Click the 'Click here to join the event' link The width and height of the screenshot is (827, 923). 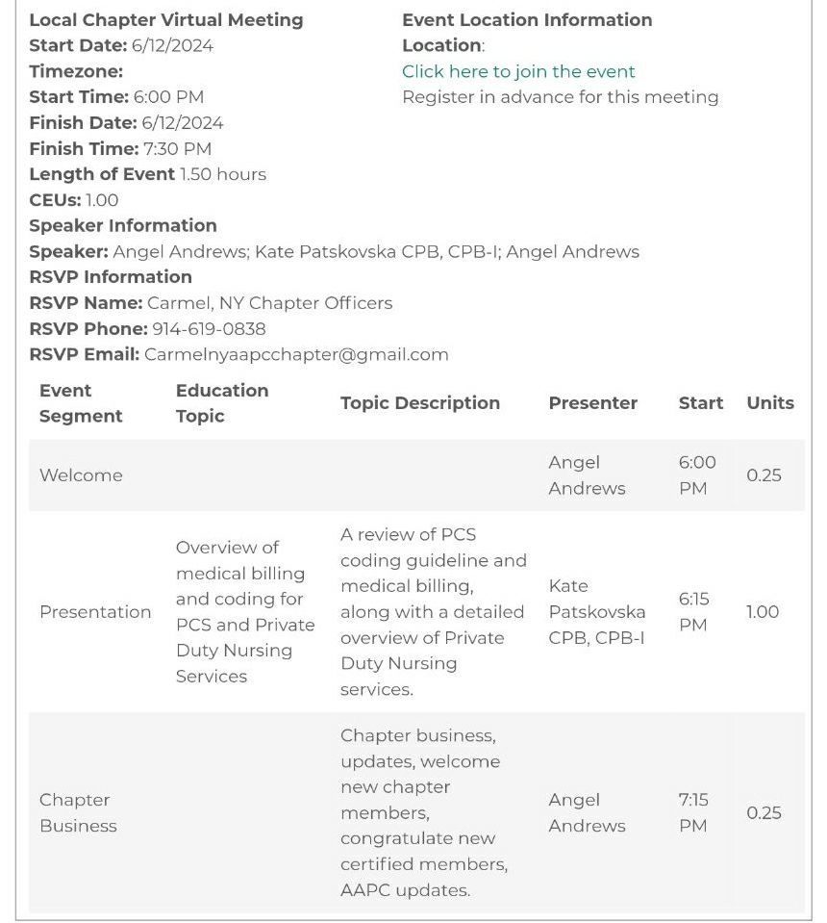518,71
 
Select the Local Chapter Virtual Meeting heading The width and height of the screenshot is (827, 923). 165,19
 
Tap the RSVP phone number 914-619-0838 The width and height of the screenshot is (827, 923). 209,328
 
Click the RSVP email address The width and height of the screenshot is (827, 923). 296,354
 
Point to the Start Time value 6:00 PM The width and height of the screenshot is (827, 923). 168,97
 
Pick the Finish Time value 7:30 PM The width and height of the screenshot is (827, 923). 177,148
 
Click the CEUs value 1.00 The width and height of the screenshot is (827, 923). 102,200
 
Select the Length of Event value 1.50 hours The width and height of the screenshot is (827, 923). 223,174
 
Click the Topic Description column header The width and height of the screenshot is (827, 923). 419,403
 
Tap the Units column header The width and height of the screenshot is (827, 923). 770,403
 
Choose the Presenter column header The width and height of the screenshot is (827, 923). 592,403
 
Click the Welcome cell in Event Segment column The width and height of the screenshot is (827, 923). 81,475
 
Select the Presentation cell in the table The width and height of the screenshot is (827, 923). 95,612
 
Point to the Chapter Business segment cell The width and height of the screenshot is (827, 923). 78,812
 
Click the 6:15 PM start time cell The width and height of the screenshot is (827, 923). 693,612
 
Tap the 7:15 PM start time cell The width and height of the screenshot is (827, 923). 693,812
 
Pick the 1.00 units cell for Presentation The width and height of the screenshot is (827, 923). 763,612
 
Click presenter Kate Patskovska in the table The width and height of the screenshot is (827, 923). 596,612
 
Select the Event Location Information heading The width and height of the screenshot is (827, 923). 527,19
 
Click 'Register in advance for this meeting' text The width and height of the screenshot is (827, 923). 560,97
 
